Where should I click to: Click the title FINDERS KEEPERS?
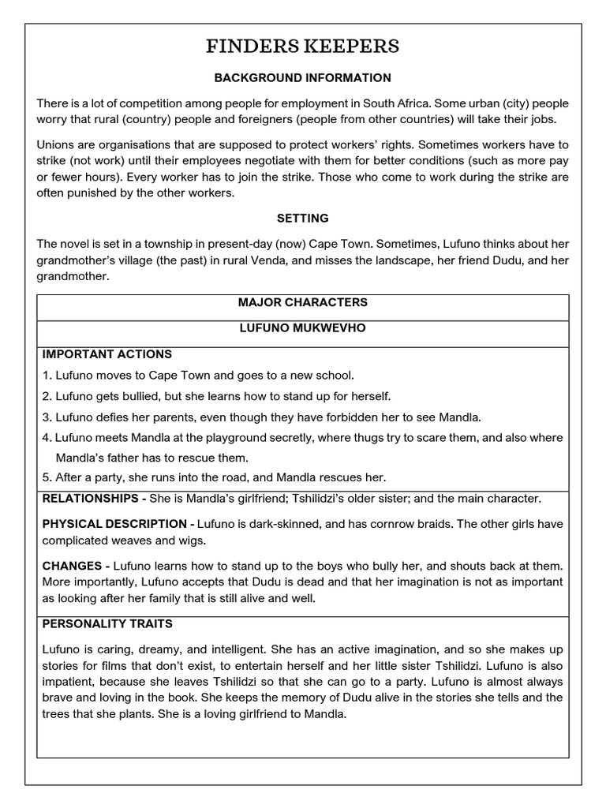tap(302, 47)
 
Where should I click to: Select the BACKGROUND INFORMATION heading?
tap(302, 77)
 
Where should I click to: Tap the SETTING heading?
tap(302, 218)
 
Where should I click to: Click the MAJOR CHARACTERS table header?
tap(302, 302)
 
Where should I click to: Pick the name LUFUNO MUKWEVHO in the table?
tap(302, 328)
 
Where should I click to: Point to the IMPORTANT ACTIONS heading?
tap(107, 353)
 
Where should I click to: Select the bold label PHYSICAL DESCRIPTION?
tap(114, 524)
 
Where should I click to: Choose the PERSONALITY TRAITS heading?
tap(107, 623)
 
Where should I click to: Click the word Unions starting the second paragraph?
tap(55, 145)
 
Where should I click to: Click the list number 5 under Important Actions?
tap(47, 477)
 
